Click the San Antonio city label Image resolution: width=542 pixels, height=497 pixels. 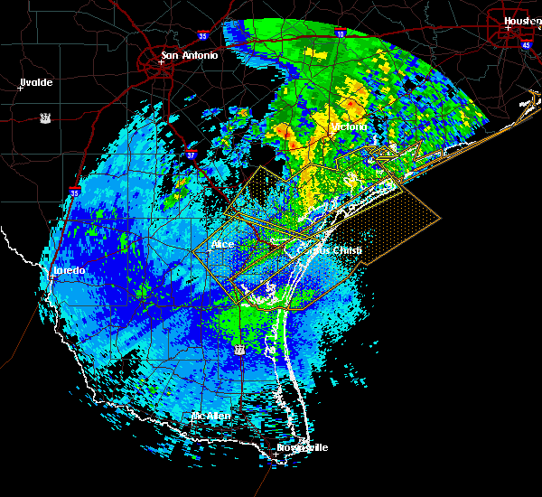tap(190, 55)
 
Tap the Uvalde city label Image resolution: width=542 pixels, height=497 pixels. tap(36, 82)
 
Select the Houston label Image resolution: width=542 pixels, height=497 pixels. tap(522, 20)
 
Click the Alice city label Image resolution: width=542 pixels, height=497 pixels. tap(222, 244)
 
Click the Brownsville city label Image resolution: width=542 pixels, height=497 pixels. tap(304, 447)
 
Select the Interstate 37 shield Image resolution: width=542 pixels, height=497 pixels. tap(191, 155)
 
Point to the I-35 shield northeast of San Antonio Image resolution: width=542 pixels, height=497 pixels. tap(204, 36)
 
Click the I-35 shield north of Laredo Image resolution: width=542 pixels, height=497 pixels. tap(75, 192)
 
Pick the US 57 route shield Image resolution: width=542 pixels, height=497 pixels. tap(44, 117)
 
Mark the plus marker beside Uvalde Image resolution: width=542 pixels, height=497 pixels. tap(20, 88)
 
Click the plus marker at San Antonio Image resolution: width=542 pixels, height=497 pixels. tap(161, 62)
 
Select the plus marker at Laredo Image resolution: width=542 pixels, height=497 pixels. tap(52, 277)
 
